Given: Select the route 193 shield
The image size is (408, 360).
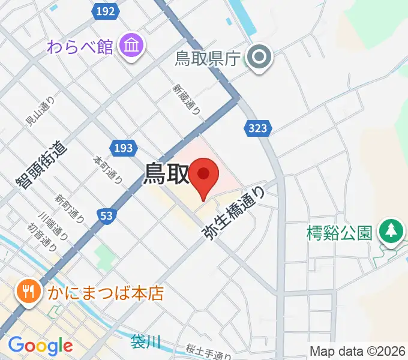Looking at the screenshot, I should pyautogui.click(x=124, y=148).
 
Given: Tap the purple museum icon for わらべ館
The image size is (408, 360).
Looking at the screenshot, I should pyautogui.click(x=130, y=46).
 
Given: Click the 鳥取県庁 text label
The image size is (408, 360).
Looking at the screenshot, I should pyautogui.click(x=207, y=59).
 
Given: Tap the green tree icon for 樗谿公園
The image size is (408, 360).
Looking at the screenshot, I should pyautogui.click(x=391, y=231).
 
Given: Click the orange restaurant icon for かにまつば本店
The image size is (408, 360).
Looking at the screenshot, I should pyautogui.click(x=28, y=293).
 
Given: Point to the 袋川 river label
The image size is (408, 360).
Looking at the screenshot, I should pyautogui.click(x=146, y=342).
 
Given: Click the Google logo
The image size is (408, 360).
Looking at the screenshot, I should pyautogui.click(x=40, y=346).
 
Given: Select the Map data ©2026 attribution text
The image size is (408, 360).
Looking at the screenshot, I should pyautogui.click(x=358, y=351).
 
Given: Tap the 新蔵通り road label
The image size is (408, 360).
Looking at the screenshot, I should pyautogui.click(x=187, y=98).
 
